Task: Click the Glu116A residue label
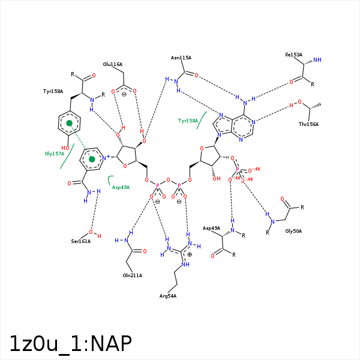[112, 64]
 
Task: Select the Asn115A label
[181, 58]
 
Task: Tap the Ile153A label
[293, 55]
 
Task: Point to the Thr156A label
[308, 124]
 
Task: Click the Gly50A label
[293, 231]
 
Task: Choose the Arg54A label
[168, 296]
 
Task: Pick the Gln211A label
[132, 275]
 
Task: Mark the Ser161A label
[80, 241]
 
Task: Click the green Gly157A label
[54, 154]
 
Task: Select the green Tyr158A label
[188, 121]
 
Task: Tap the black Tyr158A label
[53, 91]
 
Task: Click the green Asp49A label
[121, 187]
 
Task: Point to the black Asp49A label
[211, 228]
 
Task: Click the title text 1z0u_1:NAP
[70, 343]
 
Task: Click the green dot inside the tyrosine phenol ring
[70, 124]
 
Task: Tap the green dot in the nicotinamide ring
[92, 159]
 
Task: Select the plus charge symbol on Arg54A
[190, 254]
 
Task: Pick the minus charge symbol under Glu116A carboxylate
[124, 94]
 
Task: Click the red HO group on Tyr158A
[65, 148]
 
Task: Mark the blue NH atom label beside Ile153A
[317, 60]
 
